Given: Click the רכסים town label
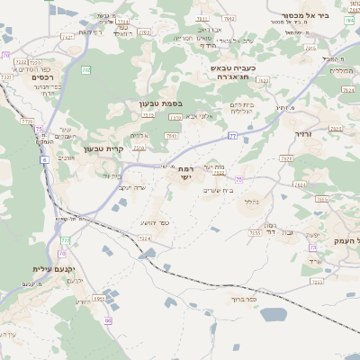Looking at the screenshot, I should click(x=44, y=77).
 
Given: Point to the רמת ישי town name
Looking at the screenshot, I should click(x=184, y=174).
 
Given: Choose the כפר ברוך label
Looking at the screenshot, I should click(x=243, y=298).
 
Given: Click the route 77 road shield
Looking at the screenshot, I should click(x=232, y=136).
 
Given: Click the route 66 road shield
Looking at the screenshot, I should click(x=107, y=320).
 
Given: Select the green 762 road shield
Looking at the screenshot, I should click(x=86, y=68).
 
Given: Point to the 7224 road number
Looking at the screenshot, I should click(x=145, y=238).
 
